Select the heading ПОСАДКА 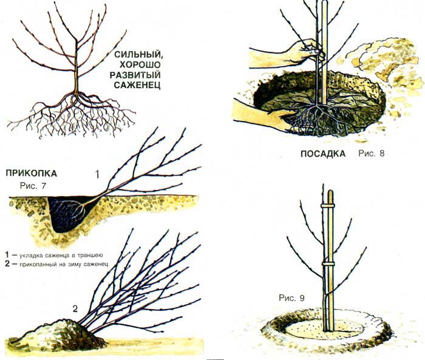pyautogui.click(x=322, y=154)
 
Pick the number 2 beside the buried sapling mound pyautogui.click(x=75, y=308)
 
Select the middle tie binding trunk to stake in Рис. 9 pyautogui.click(x=328, y=267)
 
